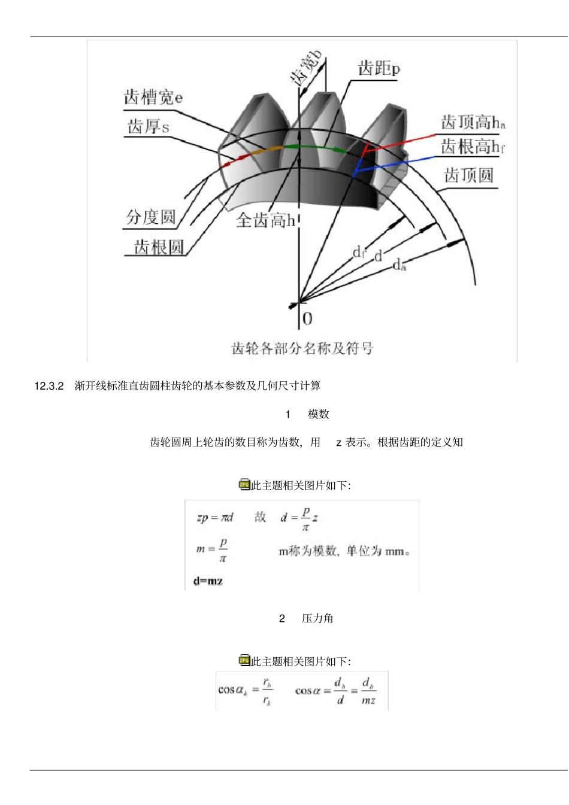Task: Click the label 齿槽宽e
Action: pyautogui.click(x=153, y=97)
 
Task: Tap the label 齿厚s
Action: pyautogui.click(x=148, y=127)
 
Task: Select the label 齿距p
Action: pyautogui.click(x=379, y=68)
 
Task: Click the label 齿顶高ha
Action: pyautogui.click(x=473, y=123)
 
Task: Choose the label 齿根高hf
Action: pyautogui.click(x=473, y=147)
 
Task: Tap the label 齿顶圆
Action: pyautogui.click(x=468, y=175)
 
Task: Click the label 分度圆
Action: pyautogui.click(x=150, y=217)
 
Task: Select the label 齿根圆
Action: pyautogui.click(x=158, y=247)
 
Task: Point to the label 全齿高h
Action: pyautogui.click(x=265, y=221)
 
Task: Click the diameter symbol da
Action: pyautogui.click(x=399, y=265)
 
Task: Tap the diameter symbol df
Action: pyautogui.click(x=358, y=252)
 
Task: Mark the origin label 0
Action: pyautogui.click(x=307, y=318)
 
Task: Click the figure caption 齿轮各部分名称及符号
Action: pyautogui.click(x=302, y=348)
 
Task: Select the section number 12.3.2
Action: pyautogui.click(x=49, y=386)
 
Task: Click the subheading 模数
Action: pyautogui.click(x=319, y=414)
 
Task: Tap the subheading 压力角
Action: pyautogui.click(x=317, y=618)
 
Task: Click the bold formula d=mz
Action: pyautogui.click(x=208, y=581)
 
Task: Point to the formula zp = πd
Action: pyautogui.click(x=214, y=517)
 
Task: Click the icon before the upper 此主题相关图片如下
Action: pyautogui.click(x=244, y=485)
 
